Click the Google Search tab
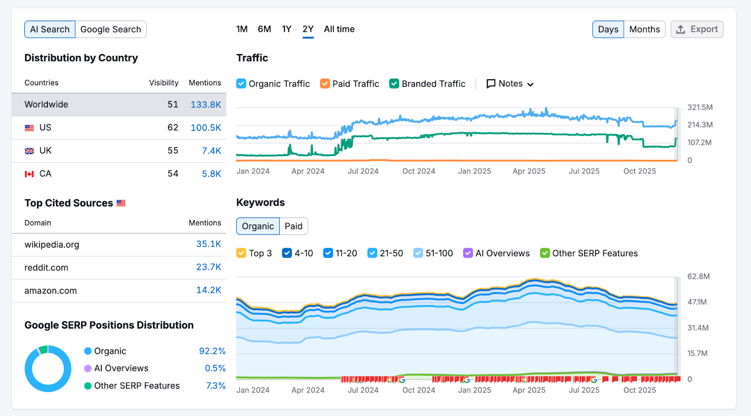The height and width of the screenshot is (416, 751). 111,30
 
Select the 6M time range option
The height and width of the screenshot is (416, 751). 264,29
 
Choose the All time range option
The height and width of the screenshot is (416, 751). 339,29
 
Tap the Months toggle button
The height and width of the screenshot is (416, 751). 644,30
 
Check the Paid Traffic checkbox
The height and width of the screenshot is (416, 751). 325,83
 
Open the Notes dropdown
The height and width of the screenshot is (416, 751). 510,83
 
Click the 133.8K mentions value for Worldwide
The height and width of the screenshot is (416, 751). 206,105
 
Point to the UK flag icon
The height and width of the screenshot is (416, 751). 30,151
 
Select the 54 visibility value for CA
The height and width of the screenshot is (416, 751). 173,174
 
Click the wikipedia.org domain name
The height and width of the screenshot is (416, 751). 52,244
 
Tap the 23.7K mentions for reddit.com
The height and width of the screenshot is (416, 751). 208,267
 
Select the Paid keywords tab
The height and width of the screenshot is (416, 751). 293,226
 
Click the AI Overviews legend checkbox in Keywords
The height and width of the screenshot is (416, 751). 468,253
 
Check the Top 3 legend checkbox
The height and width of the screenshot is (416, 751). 241,253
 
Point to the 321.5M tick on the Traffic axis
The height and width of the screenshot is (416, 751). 700,107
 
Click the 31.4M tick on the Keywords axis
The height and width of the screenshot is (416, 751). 698,328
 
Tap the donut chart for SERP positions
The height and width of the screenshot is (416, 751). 48,369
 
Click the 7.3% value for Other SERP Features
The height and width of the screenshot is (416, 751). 215,386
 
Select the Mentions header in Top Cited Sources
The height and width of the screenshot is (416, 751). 205,223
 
